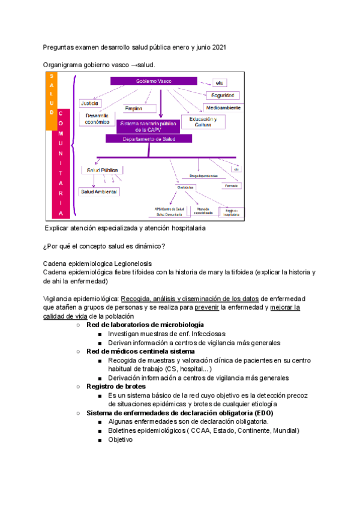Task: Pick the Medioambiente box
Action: pyautogui.click(x=223, y=107)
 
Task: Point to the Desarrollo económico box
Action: pyautogui.click(x=98, y=118)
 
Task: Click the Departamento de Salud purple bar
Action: pyautogui.click(x=149, y=139)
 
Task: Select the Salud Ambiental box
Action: pyautogui.click(x=99, y=191)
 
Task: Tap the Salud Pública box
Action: pyautogui.click(x=103, y=170)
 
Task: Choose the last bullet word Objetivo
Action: pyautogui.click(x=120, y=439)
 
